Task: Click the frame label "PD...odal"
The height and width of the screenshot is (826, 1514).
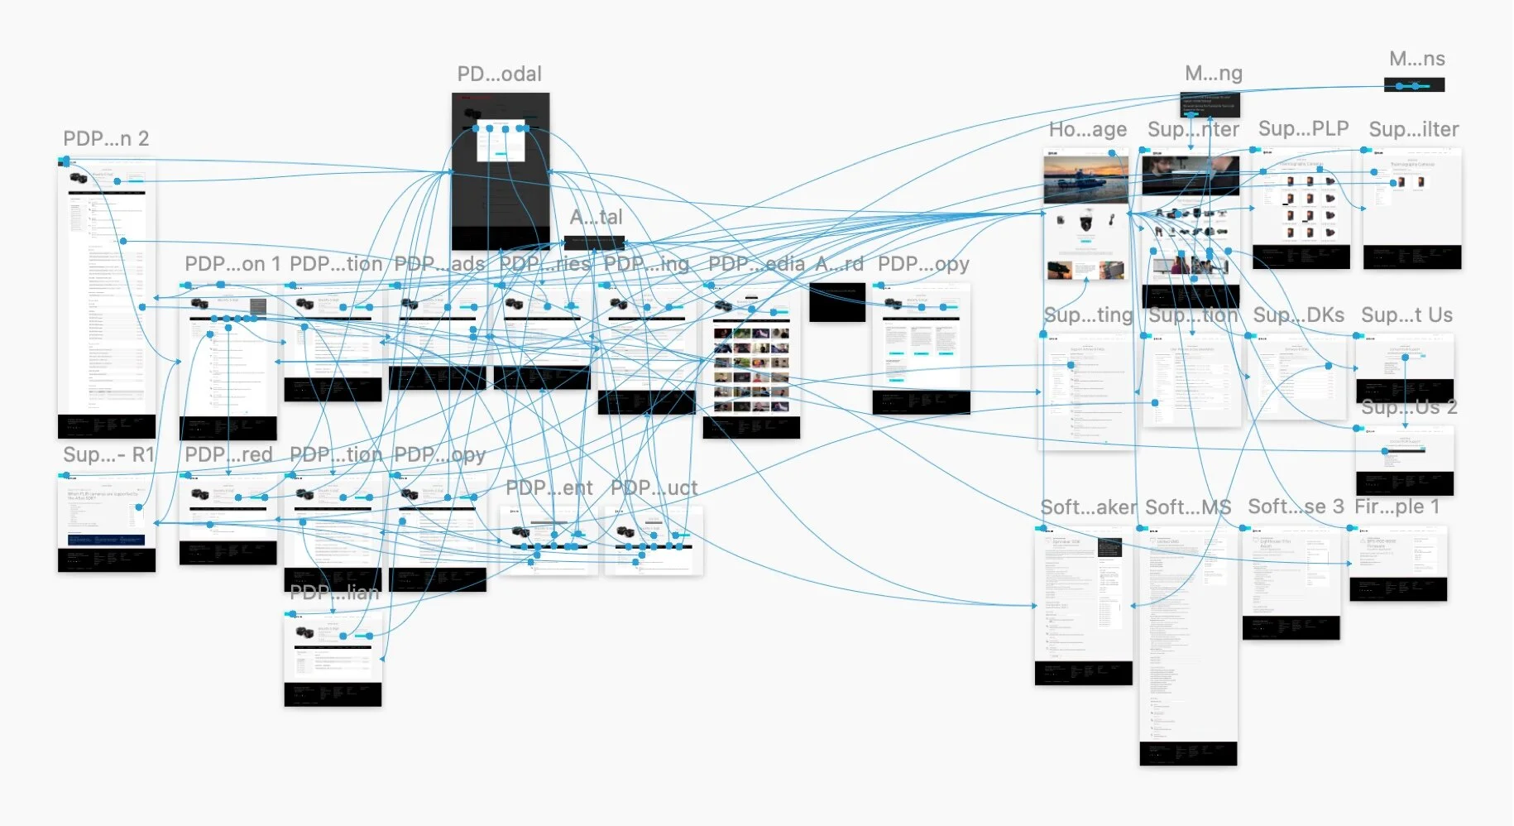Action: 499,74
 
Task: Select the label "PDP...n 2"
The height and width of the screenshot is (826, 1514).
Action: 106,139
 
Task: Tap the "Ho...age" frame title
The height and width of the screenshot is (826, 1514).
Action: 1087,130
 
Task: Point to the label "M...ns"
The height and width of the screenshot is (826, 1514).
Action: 1416,60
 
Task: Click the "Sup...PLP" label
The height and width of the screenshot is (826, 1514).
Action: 1303,129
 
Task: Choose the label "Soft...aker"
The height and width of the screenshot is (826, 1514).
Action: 1088,507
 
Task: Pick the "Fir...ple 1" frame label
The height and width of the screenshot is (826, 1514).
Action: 1397,507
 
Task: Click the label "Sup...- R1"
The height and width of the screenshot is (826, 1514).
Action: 108,455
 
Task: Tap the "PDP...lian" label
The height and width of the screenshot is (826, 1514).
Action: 334,593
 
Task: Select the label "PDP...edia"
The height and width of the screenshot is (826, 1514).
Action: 756,264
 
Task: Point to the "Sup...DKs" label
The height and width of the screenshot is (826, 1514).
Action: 1298,315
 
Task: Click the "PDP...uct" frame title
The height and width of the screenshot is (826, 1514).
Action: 654,488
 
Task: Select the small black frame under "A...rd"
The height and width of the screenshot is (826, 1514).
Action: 836,301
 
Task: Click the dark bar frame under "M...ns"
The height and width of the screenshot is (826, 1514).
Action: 1414,85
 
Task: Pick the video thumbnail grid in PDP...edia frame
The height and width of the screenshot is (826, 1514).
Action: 751,369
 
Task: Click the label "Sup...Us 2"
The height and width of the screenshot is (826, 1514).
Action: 1408,407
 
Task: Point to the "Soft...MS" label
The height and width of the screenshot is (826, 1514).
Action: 1188,507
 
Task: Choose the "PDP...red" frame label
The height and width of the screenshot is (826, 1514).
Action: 228,455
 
